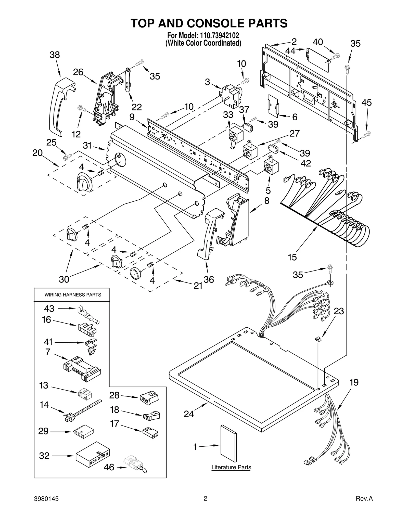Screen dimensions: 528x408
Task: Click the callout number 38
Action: pos(55,55)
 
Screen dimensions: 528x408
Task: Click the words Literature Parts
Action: pos(231,468)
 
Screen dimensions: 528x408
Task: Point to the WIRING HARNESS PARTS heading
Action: pos(73,295)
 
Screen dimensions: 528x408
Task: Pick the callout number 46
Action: pos(109,467)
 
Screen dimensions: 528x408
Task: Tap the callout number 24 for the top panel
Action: pos(189,414)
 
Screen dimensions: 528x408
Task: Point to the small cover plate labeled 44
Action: pos(318,59)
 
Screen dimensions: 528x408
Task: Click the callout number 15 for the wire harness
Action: pos(292,257)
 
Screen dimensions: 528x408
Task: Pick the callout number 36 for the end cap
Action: pos(209,279)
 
